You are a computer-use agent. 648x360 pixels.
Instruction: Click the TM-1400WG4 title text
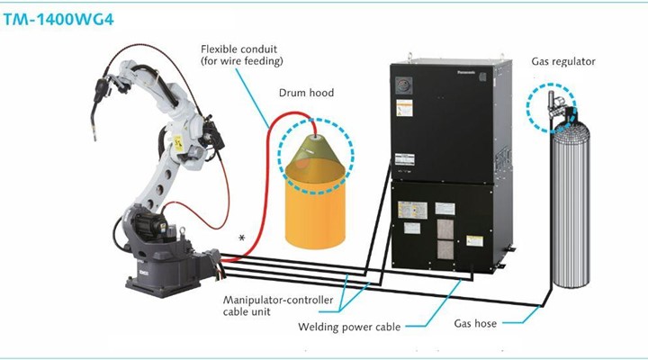[56, 17]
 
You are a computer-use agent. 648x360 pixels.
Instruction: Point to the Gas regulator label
[563, 61]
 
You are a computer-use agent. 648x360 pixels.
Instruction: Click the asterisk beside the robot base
[241, 237]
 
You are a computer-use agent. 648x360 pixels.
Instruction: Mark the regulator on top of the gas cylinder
[554, 108]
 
